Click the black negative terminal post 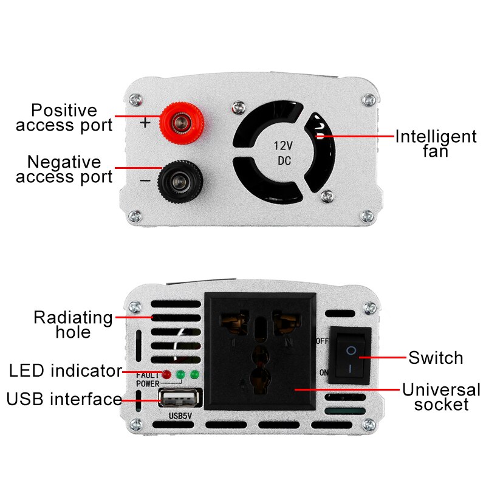[180, 180]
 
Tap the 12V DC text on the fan [284, 153]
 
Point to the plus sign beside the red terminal [145, 122]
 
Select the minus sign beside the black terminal [145, 180]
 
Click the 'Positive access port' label [64, 118]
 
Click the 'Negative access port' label [64, 169]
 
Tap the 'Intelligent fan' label [436, 143]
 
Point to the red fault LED [166, 374]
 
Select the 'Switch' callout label [436, 358]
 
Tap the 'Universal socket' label [441, 397]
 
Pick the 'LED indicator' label [65, 370]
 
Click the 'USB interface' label [64, 399]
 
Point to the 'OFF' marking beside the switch [323, 341]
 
